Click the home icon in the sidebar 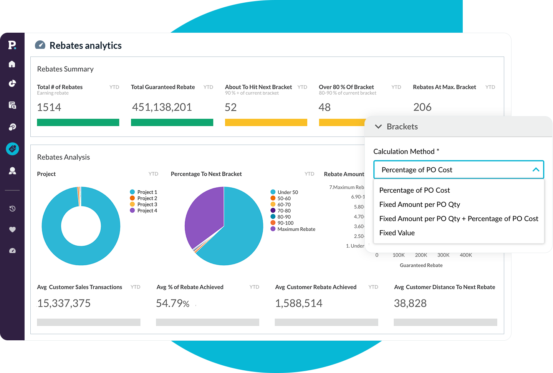pyautogui.click(x=12, y=64)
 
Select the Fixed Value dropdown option pyautogui.click(x=397, y=233)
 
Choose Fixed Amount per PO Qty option pyautogui.click(x=419, y=204)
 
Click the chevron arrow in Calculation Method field pyautogui.click(x=536, y=170)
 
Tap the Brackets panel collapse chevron pyautogui.click(x=378, y=127)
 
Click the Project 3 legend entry pyautogui.click(x=147, y=204)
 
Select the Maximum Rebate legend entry pyautogui.click(x=296, y=229)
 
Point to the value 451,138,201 pyautogui.click(x=162, y=107)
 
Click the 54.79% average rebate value pyautogui.click(x=172, y=303)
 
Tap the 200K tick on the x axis pyautogui.click(x=421, y=255)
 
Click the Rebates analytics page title pyautogui.click(x=85, y=45)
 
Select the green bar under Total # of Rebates pyautogui.click(x=78, y=122)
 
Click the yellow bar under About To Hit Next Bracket pyautogui.click(x=266, y=122)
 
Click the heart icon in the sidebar pyautogui.click(x=12, y=230)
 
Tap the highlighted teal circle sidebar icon pyautogui.click(x=12, y=149)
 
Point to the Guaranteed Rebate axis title pyautogui.click(x=421, y=265)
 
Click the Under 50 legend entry pyautogui.click(x=287, y=192)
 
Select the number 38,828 pyautogui.click(x=410, y=303)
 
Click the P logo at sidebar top pyautogui.click(x=12, y=45)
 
